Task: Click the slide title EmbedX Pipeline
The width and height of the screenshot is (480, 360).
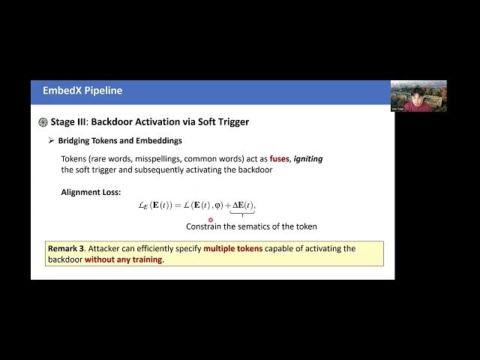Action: pos(82,91)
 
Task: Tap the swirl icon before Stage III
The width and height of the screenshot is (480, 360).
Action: pos(43,121)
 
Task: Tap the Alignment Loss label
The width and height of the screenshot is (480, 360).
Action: pos(91,192)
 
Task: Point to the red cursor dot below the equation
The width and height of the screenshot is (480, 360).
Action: pos(211,220)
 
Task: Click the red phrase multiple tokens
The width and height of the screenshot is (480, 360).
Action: pos(233,248)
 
